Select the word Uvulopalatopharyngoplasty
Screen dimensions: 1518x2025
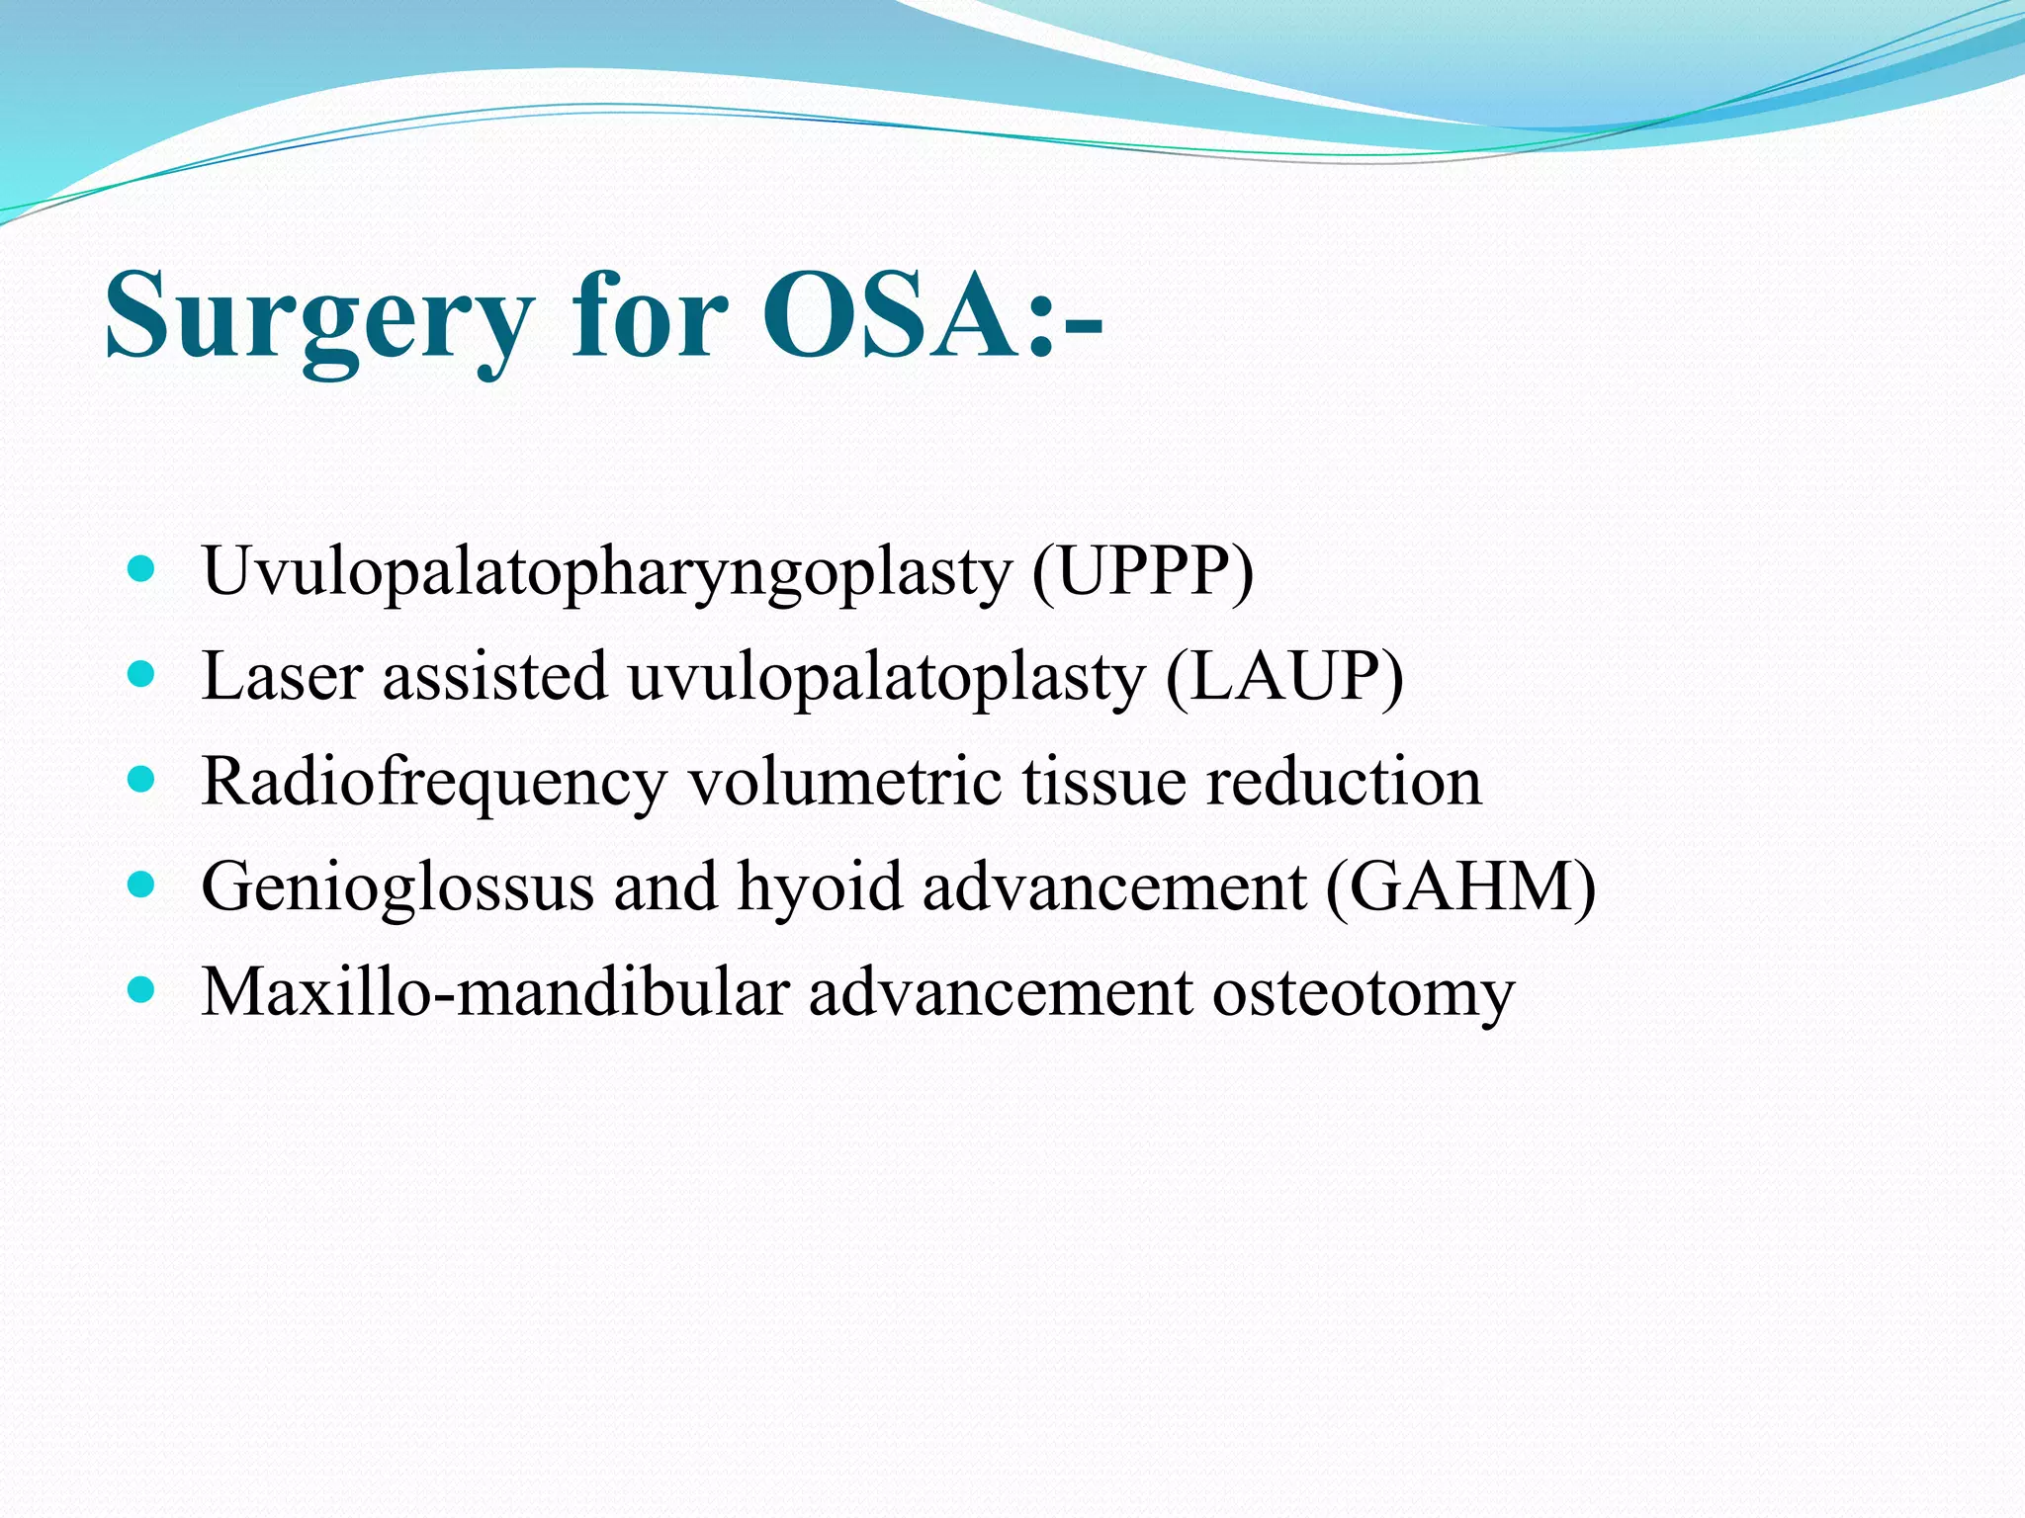[606, 573]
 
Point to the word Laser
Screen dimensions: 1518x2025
[282, 677]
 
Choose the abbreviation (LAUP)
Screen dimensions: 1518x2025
[1283, 677]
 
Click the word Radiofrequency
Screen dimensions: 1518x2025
[434, 783]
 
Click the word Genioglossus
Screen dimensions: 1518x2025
[396, 887]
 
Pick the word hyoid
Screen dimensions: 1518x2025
[820, 886]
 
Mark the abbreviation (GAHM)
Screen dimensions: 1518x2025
[1459, 886]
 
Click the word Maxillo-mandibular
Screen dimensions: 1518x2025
[495, 992]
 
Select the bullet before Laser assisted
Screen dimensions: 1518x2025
[142, 675]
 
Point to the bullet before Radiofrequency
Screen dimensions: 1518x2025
[142, 781]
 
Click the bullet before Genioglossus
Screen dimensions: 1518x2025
[142, 885]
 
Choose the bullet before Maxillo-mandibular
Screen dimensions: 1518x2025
[142, 991]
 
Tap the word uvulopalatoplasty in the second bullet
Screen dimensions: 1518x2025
[885, 679]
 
